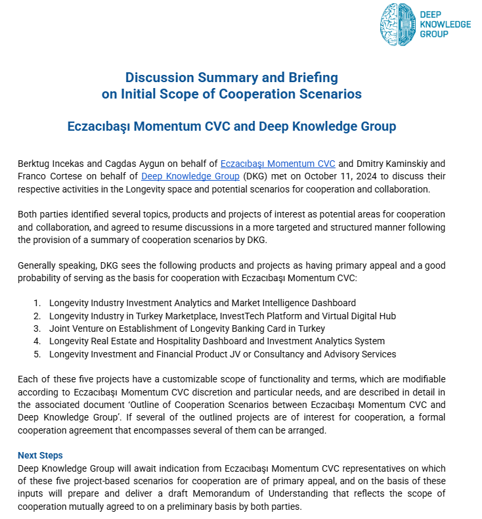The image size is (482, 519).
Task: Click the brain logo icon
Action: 398,25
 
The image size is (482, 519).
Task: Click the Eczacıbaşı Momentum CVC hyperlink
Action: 278,164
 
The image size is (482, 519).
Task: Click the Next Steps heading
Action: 40,455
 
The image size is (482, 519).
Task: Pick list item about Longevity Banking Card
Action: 186,328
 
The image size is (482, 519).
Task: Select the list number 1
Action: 37,303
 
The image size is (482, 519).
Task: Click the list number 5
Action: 37,354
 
